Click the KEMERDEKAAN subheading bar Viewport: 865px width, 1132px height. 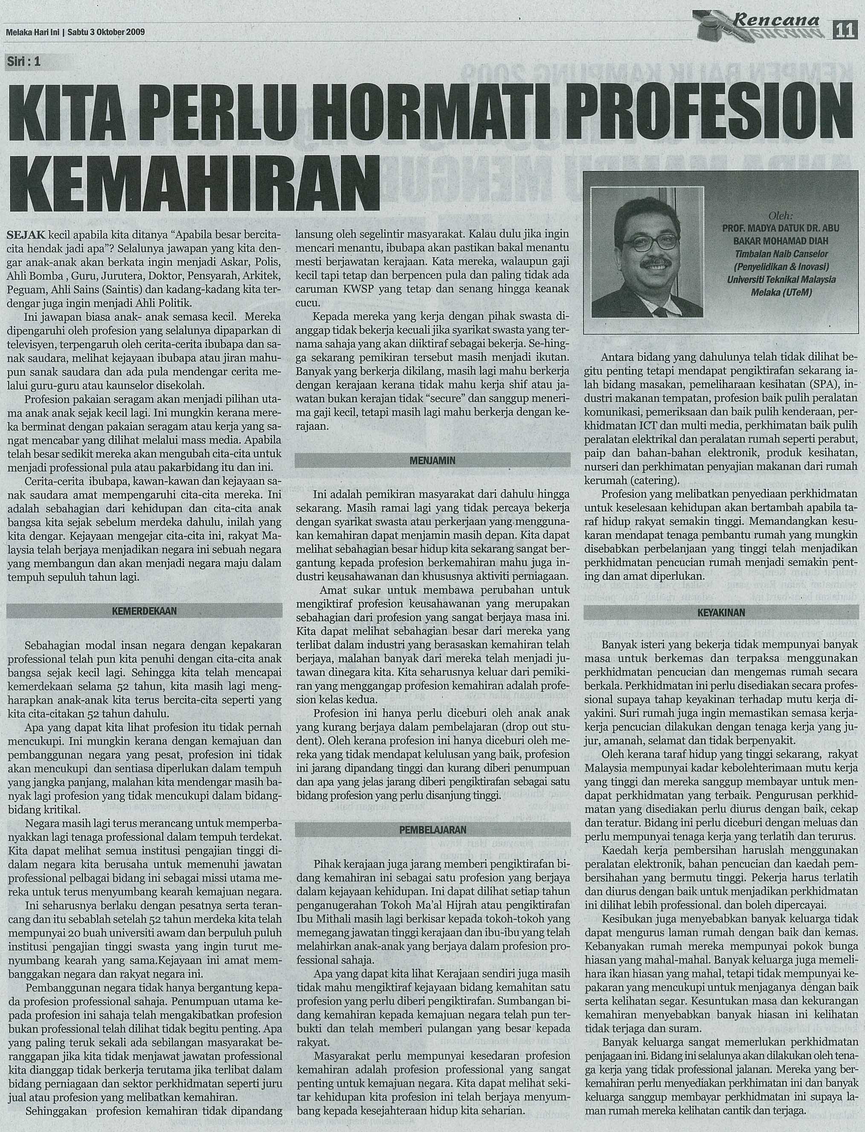(x=144, y=610)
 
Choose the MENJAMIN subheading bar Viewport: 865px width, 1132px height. (x=432, y=460)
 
